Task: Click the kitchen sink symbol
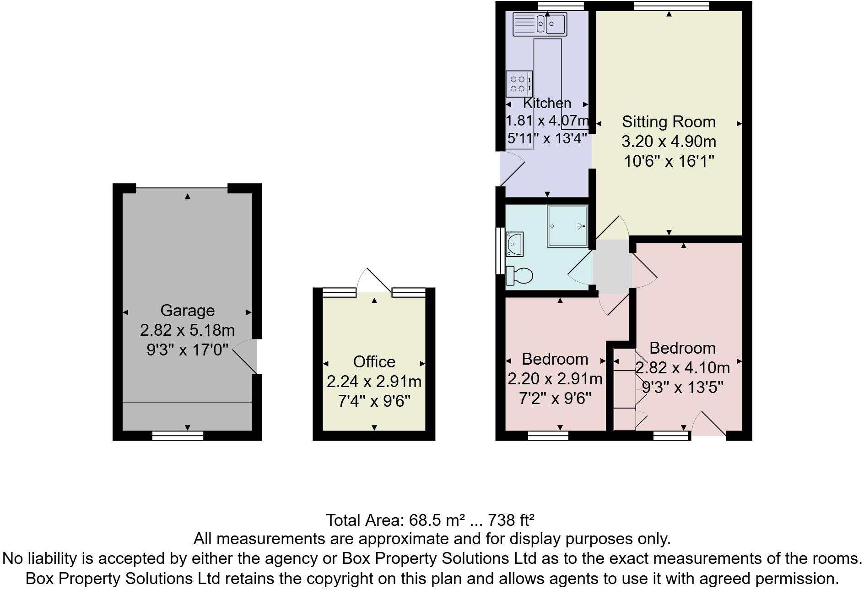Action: [x=540, y=24]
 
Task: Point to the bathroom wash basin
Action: [x=514, y=244]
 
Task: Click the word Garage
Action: [x=187, y=311]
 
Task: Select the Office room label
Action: [x=374, y=362]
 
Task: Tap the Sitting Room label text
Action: [x=669, y=122]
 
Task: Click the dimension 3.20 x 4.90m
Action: [x=669, y=142]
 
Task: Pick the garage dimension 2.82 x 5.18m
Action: [x=187, y=330]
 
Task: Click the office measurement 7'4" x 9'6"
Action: [x=374, y=401]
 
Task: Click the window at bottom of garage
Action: [x=178, y=435]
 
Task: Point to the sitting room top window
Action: [x=671, y=6]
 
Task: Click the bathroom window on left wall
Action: [x=500, y=251]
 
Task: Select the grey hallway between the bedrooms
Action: [x=612, y=267]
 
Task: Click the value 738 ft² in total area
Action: [x=511, y=520]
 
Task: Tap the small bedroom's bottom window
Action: [x=548, y=435]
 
